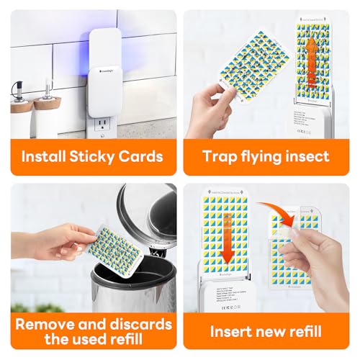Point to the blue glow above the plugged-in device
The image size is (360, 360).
119,36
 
